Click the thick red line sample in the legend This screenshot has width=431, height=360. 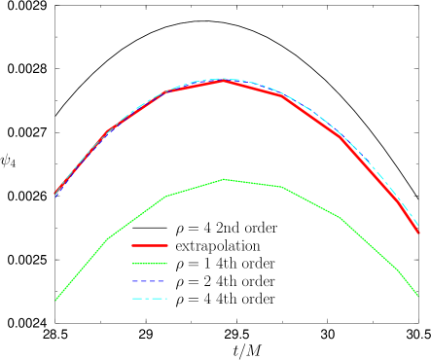(150, 246)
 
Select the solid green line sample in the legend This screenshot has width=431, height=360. (150, 264)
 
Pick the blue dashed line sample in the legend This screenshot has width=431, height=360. (150, 281)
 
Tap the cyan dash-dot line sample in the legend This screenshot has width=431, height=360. (150, 299)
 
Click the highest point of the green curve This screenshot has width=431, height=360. (224, 180)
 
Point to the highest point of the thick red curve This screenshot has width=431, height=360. (224, 81)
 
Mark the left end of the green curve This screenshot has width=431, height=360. (55, 301)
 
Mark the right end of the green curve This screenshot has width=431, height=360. (417, 295)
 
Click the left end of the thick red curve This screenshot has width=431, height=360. (55, 195)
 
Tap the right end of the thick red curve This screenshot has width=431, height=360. (417, 232)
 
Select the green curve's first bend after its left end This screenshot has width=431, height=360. (107, 238)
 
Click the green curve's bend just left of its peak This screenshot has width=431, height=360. (166, 197)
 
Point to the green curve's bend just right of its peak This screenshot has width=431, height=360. (282, 187)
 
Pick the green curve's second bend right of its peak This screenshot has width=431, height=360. (341, 218)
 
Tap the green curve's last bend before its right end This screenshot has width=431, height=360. (399, 270)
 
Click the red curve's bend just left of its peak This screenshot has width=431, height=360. (166, 92)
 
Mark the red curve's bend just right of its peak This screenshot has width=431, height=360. (282, 95)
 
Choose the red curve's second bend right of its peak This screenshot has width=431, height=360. (341, 137)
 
